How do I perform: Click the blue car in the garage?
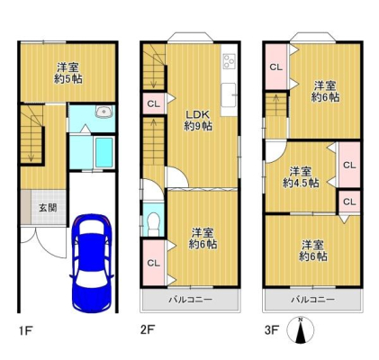(x=92, y=263)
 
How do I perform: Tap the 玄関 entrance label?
(x=48, y=208)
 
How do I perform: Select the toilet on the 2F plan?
(x=153, y=223)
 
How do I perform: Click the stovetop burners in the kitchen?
(x=230, y=61)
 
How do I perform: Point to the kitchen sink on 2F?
(x=229, y=95)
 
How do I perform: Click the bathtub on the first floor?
(x=104, y=152)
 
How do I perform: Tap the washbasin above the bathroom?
(x=104, y=112)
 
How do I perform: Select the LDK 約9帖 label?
(x=198, y=121)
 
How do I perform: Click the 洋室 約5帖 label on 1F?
(x=68, y=73)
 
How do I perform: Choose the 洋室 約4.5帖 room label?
(x=301, y=177)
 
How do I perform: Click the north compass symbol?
(x=300, y=330)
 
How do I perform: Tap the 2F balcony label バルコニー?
(x=190, y=300)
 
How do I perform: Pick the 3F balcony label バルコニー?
(x=312, y=300)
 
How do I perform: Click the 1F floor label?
(x=25, y=331)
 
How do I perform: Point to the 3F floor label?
(x=272, y=330)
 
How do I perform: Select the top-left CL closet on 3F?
(x=276, y=67)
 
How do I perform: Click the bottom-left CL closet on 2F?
(x=153, y=263)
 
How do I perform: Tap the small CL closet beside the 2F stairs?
(x=153, y=104)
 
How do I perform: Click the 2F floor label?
(x=148, y=330)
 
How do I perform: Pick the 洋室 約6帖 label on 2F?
(x=203, y=238)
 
